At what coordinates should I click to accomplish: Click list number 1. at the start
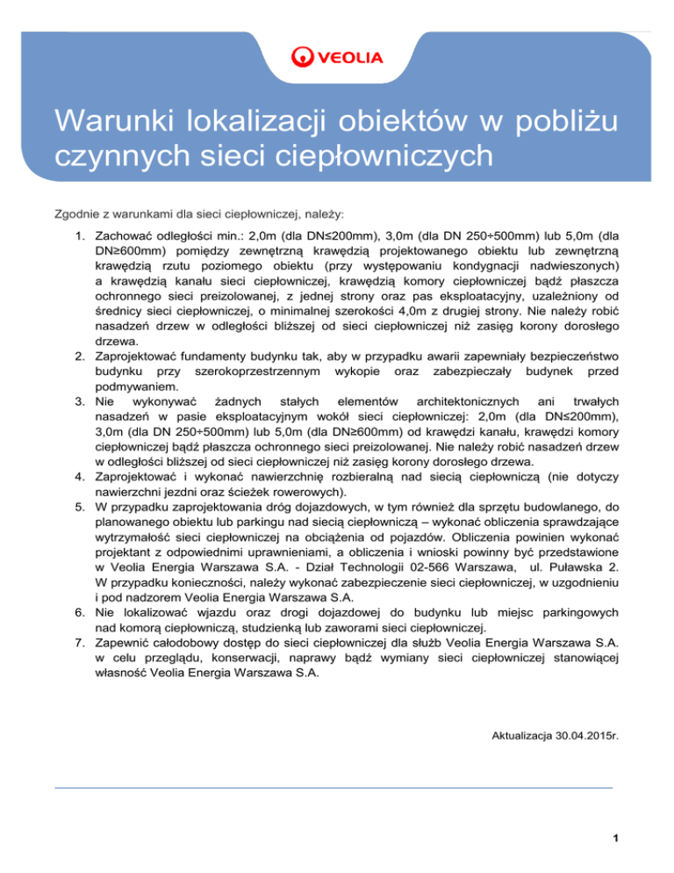78,236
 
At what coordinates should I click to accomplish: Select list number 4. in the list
78,480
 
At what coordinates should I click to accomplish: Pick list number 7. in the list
78,642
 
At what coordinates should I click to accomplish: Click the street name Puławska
576,577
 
